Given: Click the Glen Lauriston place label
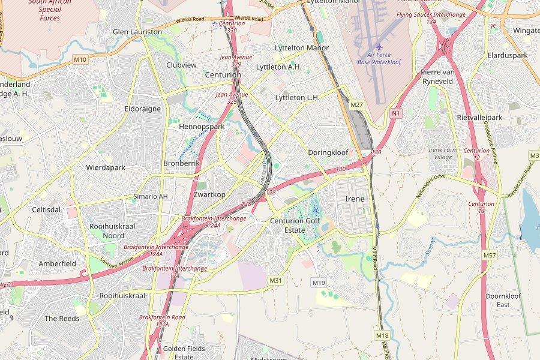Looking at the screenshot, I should coord(137,31).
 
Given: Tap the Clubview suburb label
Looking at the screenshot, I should coord(181,65).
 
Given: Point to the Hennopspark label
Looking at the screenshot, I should coord(202,127).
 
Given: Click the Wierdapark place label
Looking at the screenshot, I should coord(106,167).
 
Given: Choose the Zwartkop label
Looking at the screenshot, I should coord(210,194).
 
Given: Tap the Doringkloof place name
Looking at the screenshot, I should coord(328,152).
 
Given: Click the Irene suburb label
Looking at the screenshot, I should coord(355,199).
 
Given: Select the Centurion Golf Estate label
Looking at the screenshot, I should coord(295,225).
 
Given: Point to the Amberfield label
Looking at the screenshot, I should coord(57,263).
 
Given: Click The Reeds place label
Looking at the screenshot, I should coord(62,319).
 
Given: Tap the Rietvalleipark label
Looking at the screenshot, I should coord(479,118).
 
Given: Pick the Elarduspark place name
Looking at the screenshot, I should coord(508,55).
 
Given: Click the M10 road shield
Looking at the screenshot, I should coord(80,59).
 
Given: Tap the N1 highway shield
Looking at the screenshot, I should coord(395,113).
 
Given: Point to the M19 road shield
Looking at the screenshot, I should coord(318,282).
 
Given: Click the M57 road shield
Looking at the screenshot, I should coord(490,256).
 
